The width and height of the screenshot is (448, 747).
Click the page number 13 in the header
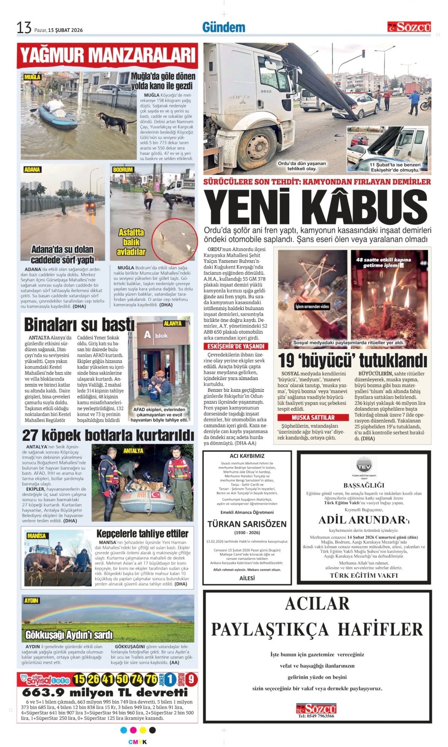point(24,28)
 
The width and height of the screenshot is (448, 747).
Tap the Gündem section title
point(223,27)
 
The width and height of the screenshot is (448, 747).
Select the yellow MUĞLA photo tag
point(32,77)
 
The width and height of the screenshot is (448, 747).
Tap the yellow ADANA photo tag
point(32,170)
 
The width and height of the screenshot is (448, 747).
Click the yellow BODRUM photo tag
point(123,170)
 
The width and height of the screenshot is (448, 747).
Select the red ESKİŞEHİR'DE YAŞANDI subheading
point(236,346)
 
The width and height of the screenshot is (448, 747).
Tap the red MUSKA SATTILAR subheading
point(313,417)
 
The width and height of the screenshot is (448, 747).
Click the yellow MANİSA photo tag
point(36,536)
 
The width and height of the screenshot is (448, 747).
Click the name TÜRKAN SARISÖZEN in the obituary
point(247,524)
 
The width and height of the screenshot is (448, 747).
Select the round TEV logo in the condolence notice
point(364,465)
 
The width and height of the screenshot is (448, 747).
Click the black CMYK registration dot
point(152,730)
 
